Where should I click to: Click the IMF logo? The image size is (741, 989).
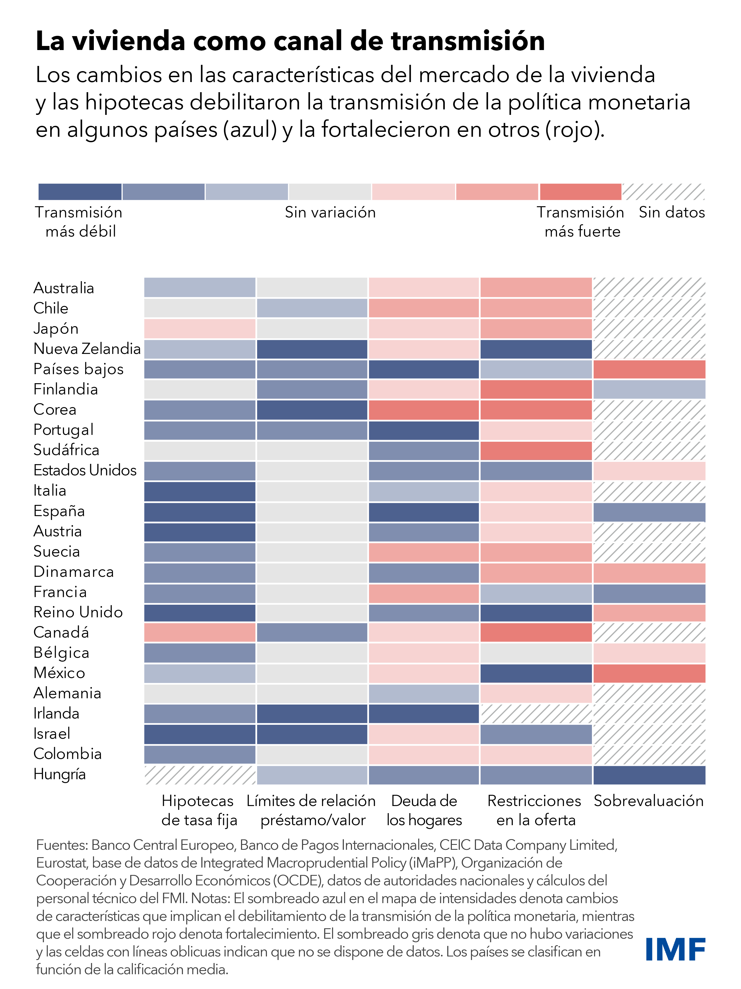[x=675, y=950]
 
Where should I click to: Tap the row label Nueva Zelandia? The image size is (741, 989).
[x=87, y=349]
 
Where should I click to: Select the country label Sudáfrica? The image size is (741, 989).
[x=66, y=450]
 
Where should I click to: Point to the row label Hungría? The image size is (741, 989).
[x=59, y=774]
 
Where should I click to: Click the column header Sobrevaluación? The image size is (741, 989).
[x=649, y=801]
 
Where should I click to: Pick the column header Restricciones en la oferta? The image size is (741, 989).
[x=535, y=810]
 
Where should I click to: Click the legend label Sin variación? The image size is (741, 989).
[x=330, y=212]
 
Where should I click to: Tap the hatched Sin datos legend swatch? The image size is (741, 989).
[x=664, y=192]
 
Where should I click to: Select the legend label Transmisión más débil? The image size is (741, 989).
[x=79, y=222]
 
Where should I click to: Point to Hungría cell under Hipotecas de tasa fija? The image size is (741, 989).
[x=199, y=775]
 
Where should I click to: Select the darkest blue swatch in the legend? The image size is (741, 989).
[x=80, y=192]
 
